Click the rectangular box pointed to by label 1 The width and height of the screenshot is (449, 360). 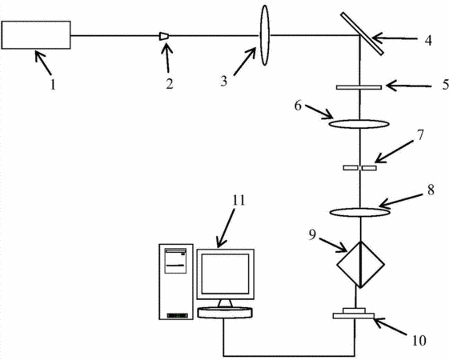[36, 35]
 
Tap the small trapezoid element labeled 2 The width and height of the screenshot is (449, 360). [164, 36]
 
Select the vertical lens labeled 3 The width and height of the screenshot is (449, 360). [265, 35]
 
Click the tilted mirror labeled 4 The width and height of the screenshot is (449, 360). [363, 34]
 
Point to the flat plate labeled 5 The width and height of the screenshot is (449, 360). [359, 87]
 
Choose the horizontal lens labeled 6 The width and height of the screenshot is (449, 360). [359, 124]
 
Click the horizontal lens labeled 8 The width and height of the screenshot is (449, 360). [359, 212]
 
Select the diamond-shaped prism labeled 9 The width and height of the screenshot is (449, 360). [360, 265]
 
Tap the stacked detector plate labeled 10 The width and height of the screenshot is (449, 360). [354, 314]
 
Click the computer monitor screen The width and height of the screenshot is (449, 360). [225, 274]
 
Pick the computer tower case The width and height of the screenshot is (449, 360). [176, 282]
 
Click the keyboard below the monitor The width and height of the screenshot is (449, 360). [225, 312]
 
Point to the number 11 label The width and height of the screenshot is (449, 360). [239, 200]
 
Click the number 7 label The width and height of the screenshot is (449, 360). [420, 135]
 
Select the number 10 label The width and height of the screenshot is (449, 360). [419, 341]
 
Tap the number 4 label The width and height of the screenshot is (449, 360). [428, 41]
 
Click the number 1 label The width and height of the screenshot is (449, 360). [53, 85]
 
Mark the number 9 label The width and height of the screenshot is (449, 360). [312, 234]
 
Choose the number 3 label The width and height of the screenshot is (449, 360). [223, 82]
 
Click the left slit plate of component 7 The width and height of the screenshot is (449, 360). [351, 168]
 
